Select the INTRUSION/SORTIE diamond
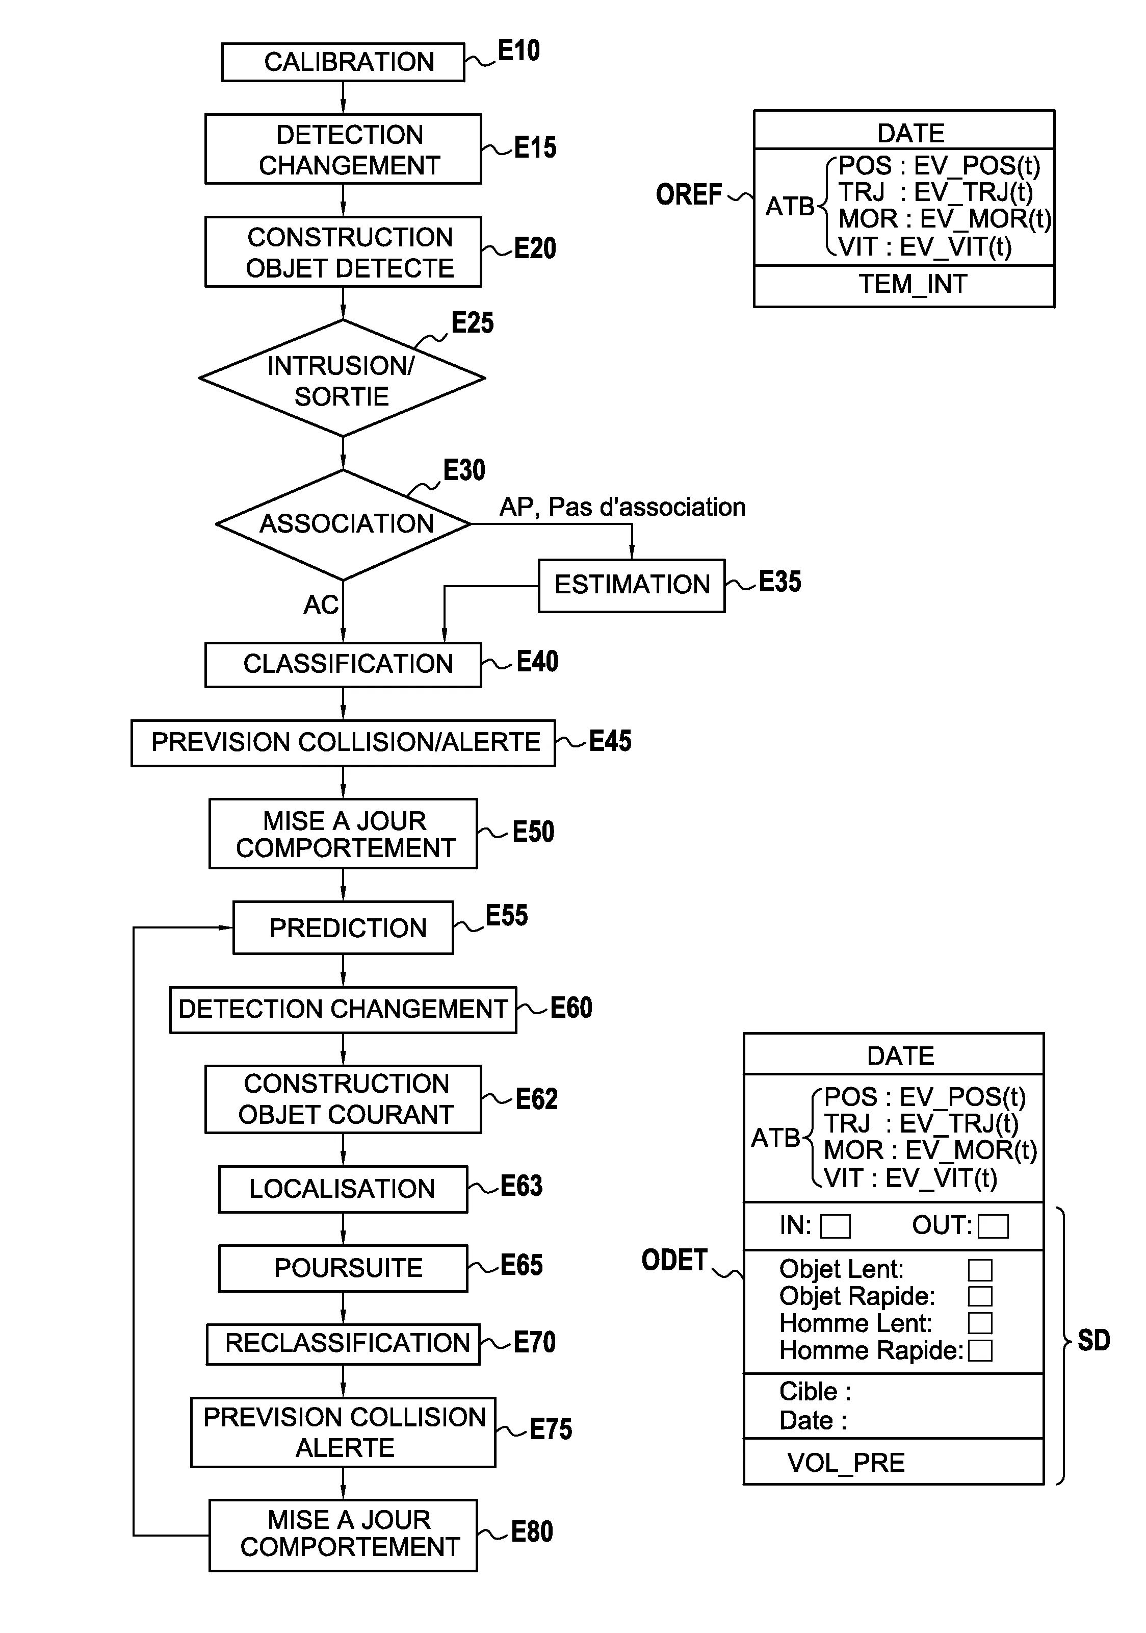(x=342, y=379)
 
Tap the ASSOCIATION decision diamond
(x=344, y=524)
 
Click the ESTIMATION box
(x=631, y=585)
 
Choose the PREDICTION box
(x=344, y=928)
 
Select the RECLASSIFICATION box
(x=344, y=1344)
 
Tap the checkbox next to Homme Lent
(x=980, y=1324)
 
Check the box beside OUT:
(x=993, y=1226)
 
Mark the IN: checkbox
(x=836, y=1226)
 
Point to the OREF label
(x=688, y=195)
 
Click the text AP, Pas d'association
(x=622, y=507)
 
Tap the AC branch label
(x=321, y=605)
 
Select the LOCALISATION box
(x=344, y=1189)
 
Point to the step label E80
(x=532, y=1532)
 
